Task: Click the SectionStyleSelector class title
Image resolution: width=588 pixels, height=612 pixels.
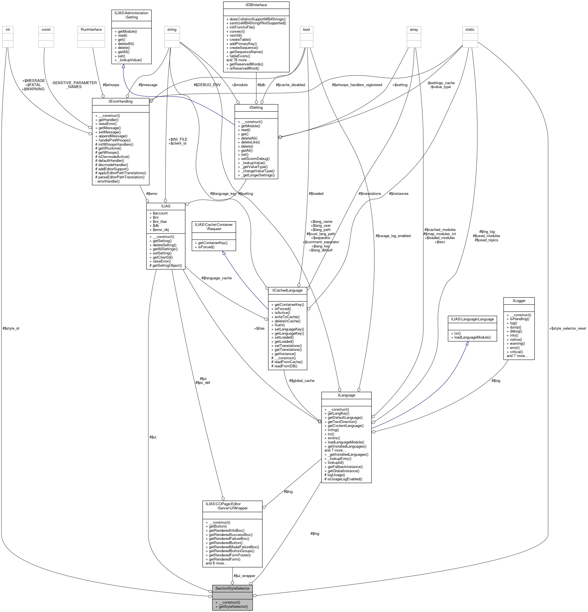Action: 232,588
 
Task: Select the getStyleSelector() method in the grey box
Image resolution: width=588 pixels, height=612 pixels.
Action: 231,606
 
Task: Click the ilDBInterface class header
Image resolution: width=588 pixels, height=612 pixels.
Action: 256,5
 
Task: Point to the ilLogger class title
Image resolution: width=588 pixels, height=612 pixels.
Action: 519,301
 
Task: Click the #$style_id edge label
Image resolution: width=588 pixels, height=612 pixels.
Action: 11,329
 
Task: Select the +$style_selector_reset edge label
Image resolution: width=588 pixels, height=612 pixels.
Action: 567,329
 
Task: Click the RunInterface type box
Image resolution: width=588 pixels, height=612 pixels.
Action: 91,30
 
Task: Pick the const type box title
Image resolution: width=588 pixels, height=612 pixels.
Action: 46,30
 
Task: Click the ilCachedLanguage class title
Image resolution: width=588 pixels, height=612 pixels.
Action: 287,290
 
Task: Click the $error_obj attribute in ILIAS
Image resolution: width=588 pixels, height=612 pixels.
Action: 159,230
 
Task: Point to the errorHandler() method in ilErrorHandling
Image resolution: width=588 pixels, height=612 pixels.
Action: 107,181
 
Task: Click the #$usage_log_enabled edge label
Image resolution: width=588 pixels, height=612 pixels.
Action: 393,236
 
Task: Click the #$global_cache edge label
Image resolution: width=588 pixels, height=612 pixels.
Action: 302,381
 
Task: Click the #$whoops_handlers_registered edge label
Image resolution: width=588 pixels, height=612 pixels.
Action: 357,85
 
